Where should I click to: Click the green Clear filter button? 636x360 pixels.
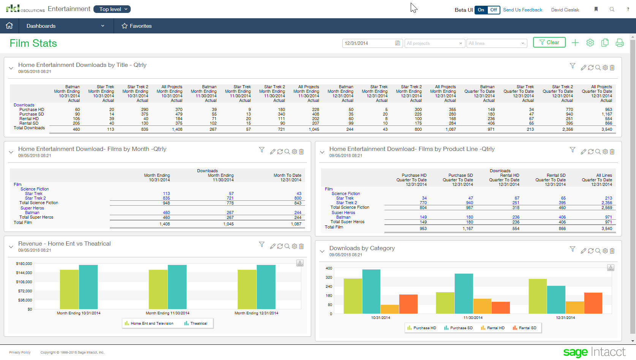tap(549, 42)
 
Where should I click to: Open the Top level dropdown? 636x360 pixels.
tap(112, 9)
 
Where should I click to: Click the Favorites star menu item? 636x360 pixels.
tap(136, 26)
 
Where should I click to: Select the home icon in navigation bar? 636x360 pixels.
tap(9, 25)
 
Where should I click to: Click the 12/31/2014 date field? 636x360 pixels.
tap(369, 43)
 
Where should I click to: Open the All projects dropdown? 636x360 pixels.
tap(435, 43)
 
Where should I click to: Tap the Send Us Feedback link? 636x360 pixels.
tap(522, 10)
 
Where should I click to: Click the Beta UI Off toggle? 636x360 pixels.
tap(493, 10)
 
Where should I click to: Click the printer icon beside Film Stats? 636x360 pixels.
tap(619, 43)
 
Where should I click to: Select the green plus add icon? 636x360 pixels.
tap(575, 43)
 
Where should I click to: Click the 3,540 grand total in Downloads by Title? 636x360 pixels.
tap(606, 129)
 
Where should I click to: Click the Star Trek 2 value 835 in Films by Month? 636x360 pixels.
tap(166, 198)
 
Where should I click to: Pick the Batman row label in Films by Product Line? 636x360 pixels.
tap(343, 217)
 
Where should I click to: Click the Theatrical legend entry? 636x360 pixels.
tap(196, 324)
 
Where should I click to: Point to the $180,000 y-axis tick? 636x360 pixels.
tap(24, 263)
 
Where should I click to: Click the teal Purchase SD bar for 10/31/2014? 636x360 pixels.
tap(371, 291)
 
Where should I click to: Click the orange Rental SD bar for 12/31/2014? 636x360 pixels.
tap(593, 303)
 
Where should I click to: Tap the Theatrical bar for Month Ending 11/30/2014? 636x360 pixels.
tap(177, 287)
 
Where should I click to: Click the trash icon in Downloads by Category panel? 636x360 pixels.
tap(612, 251)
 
